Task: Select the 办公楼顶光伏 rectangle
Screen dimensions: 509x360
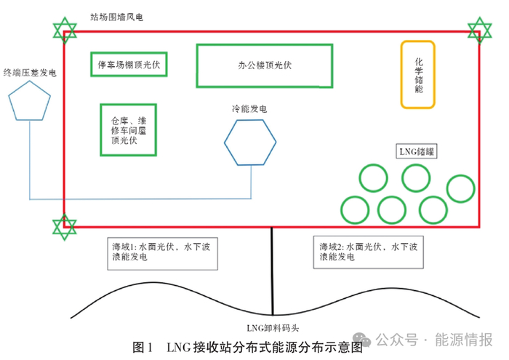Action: [x=264, y=65]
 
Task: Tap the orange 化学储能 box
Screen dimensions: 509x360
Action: [x=418, y=73]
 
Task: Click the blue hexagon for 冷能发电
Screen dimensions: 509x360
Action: [x=249, y=141]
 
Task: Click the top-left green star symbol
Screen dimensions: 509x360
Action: [x=65, y=32]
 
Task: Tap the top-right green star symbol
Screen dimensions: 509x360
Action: [x=479, y=29]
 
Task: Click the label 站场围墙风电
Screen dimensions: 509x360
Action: [x=116, y=16]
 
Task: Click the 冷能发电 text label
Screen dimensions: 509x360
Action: [x=249, y=109]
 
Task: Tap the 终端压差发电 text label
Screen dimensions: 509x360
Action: [x=30, y=72]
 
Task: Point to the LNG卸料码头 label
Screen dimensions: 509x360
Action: [x=270, y=328]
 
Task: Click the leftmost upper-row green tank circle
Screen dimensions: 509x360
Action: [x=373, y=179]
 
